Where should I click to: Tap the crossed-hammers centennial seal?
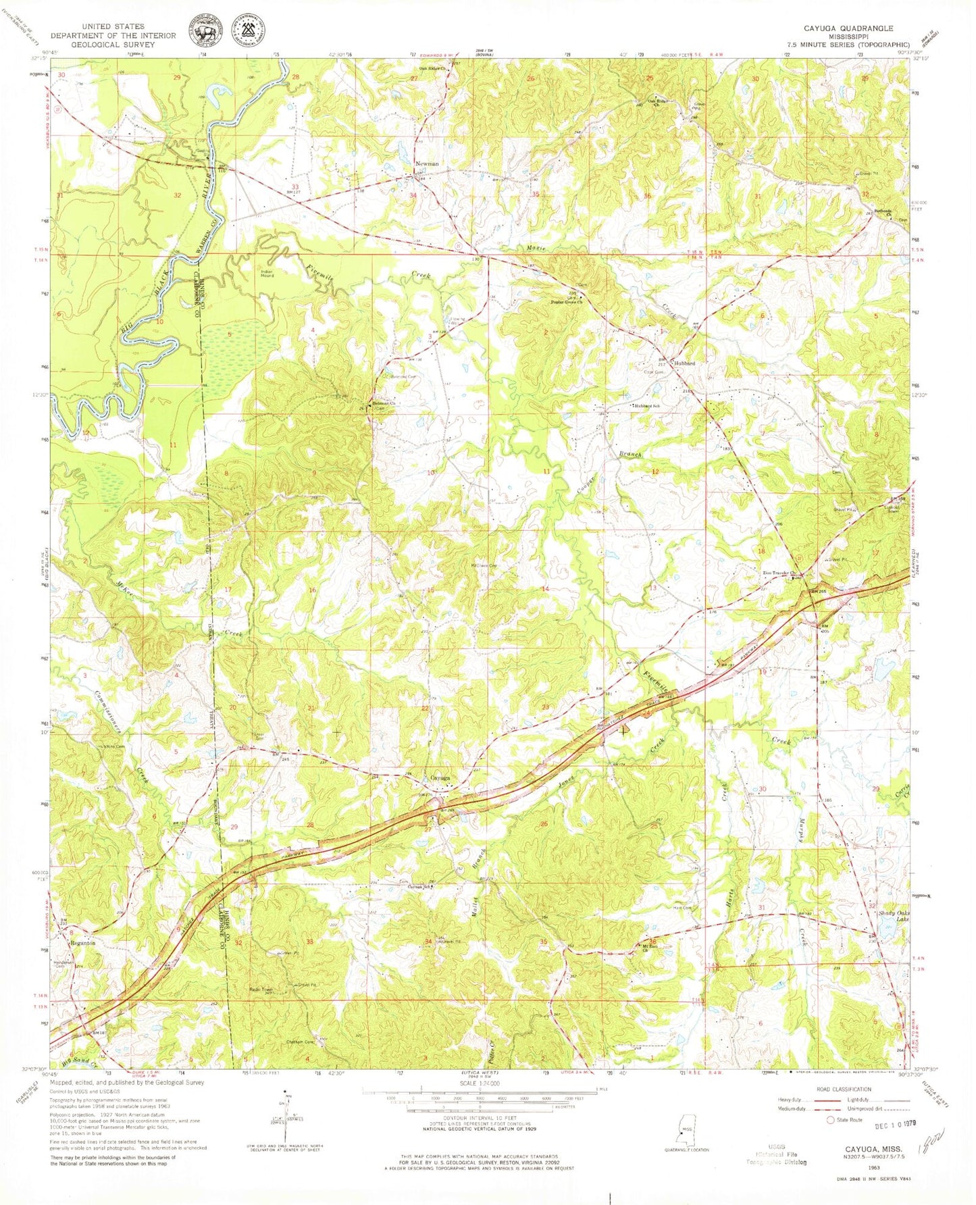point(249,31)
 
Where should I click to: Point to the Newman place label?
point(427,164)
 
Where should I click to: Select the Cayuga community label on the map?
point(440,778)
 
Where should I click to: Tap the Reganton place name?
point(81,933)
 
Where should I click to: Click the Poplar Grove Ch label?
point(563,303)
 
